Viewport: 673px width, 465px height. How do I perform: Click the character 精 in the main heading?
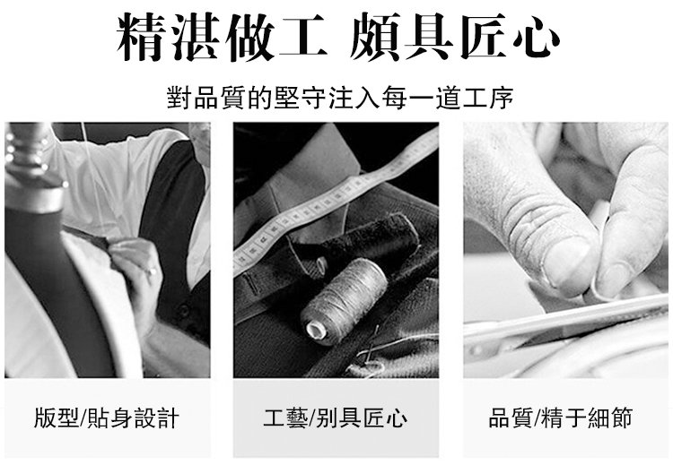142,37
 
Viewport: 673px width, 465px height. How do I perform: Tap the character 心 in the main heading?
535,38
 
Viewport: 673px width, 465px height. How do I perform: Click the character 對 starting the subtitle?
179,98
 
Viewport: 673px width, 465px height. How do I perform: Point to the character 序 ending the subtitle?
501,98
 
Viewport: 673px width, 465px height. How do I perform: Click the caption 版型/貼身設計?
107,418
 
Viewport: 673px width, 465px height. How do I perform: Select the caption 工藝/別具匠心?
336,418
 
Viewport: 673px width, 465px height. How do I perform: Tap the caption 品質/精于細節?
560,418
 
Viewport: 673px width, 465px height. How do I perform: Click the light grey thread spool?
344,301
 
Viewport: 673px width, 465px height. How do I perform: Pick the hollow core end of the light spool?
314,330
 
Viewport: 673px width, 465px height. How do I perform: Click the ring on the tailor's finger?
153,271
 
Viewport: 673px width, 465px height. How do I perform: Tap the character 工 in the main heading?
303,37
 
